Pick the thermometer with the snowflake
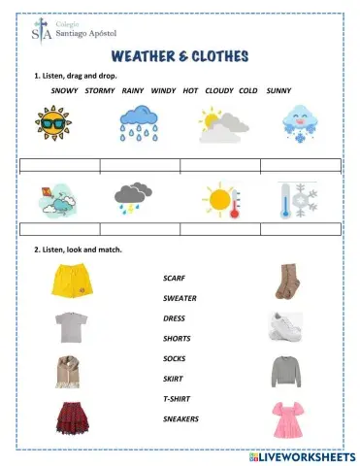coord(297,198)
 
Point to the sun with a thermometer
coord(221,200)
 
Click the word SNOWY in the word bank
coord(64,90)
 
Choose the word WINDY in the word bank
coord(163,90)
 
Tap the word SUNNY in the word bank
coord(278,90)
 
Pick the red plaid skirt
coord(69,418)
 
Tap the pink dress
coord(288,419)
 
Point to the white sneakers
coord(289,327)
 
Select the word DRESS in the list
coord(175,318)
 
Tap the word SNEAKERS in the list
coord(181,418)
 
